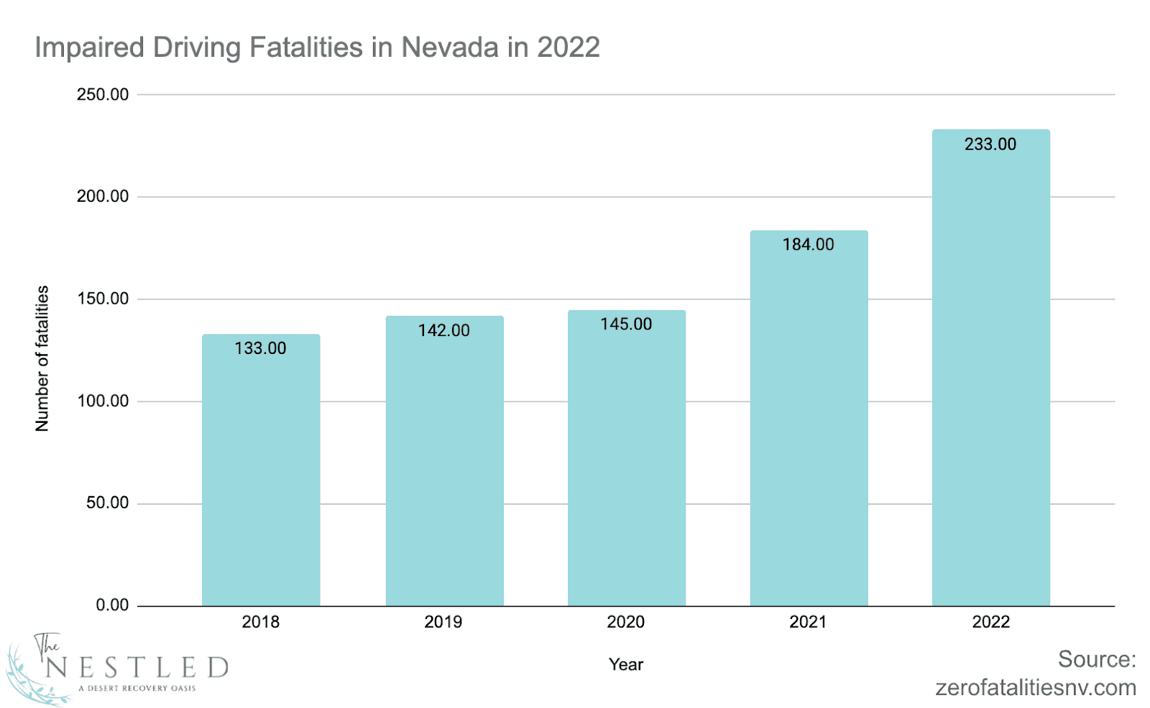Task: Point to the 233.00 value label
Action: pyautogui.click(x=990, y=144)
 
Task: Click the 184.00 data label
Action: pyautogui.click(x=808, y=245)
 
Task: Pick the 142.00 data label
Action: pyautogui.click(x=443, y=330)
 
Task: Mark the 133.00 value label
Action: pyautogui.click(x=260, y=348)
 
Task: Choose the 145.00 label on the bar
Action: pyautogui.click(x=626, y=325)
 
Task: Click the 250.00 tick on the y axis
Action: pyautogui.click(x=103, y=95)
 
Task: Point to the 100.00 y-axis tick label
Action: pyautogui.click(x=103, y=401)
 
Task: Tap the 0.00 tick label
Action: pyautogui.click(x=112, y=605)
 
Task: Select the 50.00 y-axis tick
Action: pyautogui.click(x=107, y=503)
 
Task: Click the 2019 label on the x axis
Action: pyautogui.click(x=443, y=622)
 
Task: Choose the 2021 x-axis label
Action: pyautogui.click(x=808, y=622)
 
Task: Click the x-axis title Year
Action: pyautogui.click(x=625, y=665)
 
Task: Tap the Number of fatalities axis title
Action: pyautogui.click(x=42, y=358)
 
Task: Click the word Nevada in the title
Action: pyautogui.click(x=449, y=47)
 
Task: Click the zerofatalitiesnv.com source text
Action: pyautogui.click(x=1035, y=688)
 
